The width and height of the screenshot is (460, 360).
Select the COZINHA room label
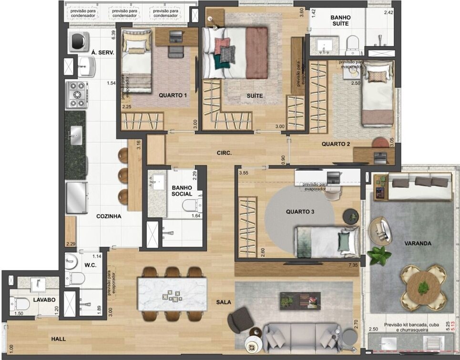(109, 216)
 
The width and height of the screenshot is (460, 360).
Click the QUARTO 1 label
(172, 95)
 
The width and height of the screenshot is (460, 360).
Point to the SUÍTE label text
(255, 96)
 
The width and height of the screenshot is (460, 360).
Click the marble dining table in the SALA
(172, 294)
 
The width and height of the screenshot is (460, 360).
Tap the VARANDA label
(418, 243)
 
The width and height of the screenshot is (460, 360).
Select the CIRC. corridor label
(224, 153)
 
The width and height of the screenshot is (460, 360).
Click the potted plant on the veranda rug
(379, 256)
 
